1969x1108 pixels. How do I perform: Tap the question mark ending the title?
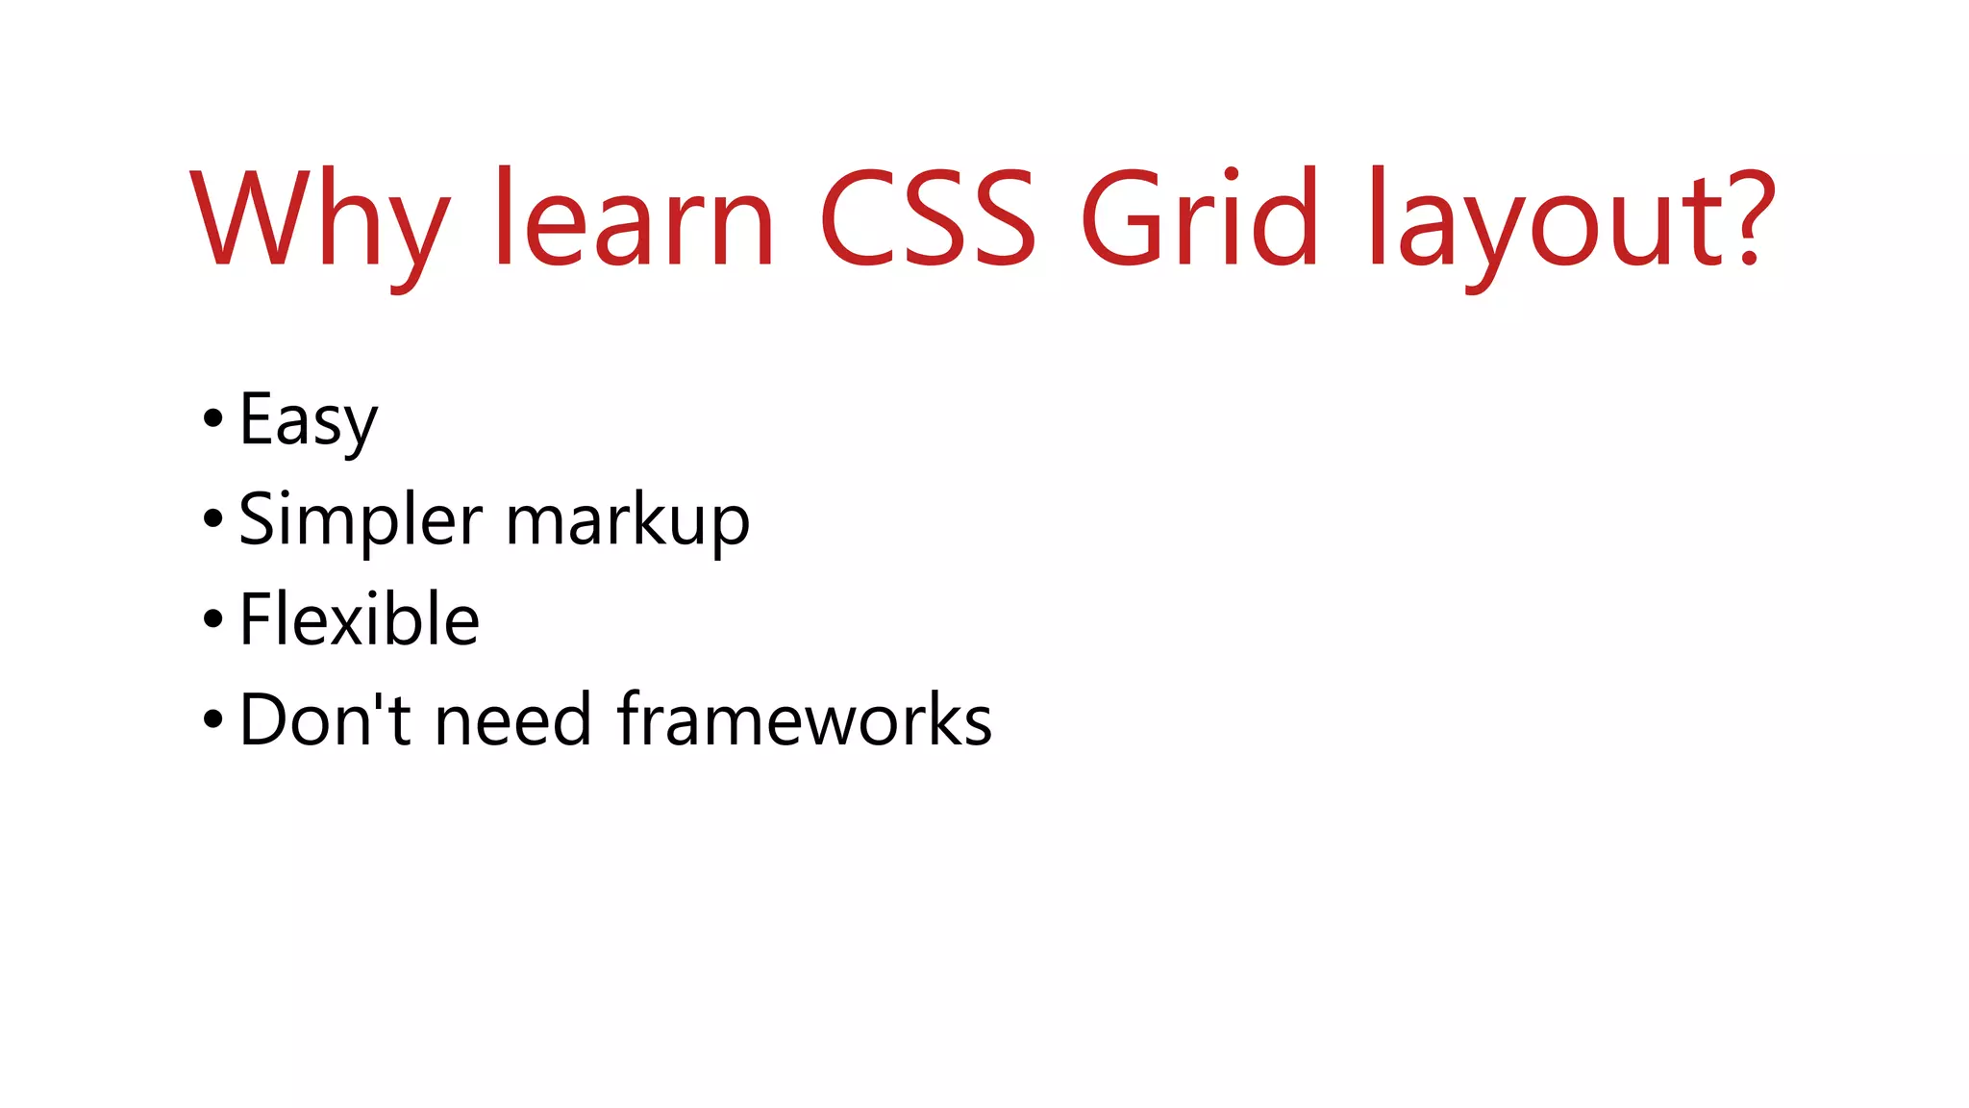(x=1746, y=217)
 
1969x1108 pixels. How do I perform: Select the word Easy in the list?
(x=309, y=421)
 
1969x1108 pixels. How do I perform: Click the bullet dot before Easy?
(x=213, y=419)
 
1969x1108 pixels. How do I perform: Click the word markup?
(x=628, y=521)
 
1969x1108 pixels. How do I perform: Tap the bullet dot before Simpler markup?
(x=213, y=519)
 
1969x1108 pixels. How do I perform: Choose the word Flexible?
(x=360, y=619)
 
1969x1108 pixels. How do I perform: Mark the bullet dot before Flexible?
(x=213, y=619)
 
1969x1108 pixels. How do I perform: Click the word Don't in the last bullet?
(x=326, y=719)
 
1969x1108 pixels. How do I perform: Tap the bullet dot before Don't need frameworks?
(x=213, y=719)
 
